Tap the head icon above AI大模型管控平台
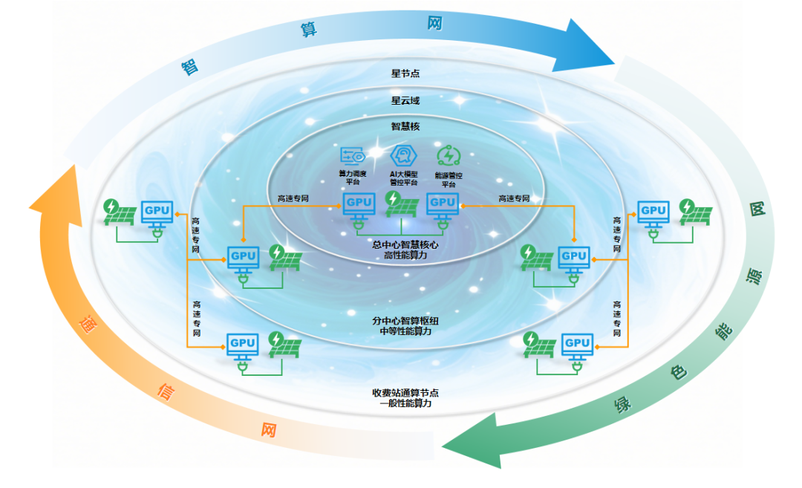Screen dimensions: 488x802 pos(401,155)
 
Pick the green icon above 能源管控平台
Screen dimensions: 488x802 pos(449,155)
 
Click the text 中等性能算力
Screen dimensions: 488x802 pos(401,331)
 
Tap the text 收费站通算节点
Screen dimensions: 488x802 pos(401,392)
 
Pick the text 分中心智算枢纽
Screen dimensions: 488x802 pos(401,320)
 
